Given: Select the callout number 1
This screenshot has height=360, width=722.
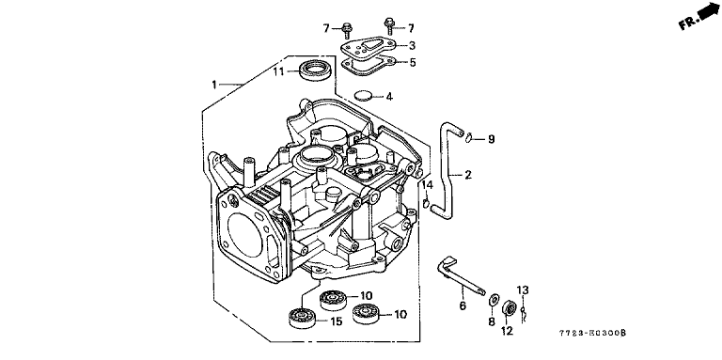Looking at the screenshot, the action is pos(214,85).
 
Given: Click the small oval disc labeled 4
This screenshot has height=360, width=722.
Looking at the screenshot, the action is pos(363,96).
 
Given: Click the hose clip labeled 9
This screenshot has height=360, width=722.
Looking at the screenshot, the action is pos(469,136).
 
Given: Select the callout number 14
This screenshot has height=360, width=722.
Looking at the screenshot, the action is pos(428,185).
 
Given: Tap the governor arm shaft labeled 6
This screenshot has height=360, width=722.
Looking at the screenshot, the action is pos(462,276).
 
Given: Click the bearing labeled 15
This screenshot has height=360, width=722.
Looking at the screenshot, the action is pos(302,318).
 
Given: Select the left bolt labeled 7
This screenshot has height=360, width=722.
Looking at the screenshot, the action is pos(345,27).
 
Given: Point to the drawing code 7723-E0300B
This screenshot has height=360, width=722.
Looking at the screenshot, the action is pos(592,333).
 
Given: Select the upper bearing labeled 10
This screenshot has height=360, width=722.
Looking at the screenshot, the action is pos(334,300).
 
